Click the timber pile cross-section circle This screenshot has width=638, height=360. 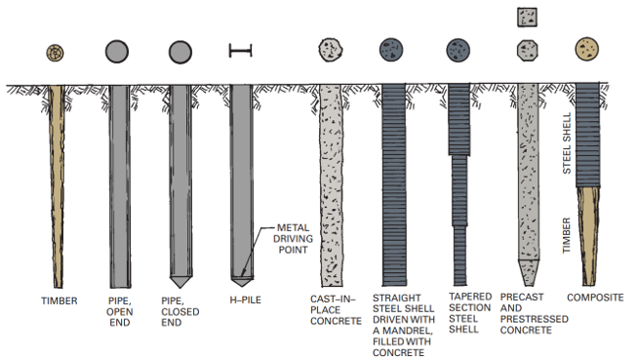pos(55,53)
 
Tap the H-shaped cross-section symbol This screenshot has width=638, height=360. pos(241,51)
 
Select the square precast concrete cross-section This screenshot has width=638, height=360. pos(528,18)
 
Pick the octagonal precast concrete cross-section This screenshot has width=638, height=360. pos(528,51)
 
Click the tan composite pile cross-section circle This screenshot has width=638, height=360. pos(586,49)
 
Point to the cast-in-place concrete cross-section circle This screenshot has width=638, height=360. pos(331,50)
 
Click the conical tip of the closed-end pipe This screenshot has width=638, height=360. pos(180,282)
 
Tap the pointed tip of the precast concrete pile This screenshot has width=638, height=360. pos(529,273)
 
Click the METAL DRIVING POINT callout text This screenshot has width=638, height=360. pos(293,239)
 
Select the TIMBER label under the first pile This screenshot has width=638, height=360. pos(59,301)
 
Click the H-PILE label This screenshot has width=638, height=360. pos(246,300)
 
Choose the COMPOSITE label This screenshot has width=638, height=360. pos(595,298)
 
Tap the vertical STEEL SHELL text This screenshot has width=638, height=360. pos(567,143)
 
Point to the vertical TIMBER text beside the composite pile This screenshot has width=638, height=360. pos(567,235)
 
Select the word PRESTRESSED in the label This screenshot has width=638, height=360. pos(535,319)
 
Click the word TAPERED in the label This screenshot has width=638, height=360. pos(470,297)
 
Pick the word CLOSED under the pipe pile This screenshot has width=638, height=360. pos(180,312)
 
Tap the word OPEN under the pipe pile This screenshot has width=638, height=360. pos(120,312)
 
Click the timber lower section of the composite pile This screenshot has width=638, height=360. pos(588,236)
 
